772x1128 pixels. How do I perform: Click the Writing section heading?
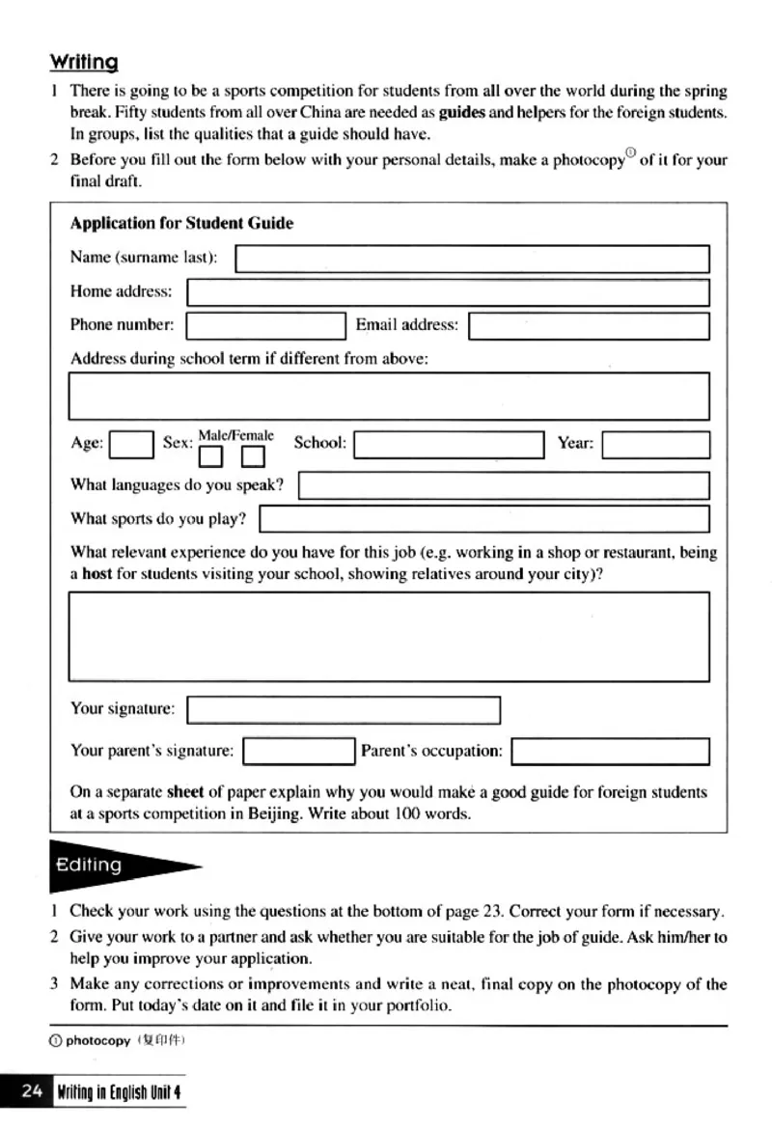tap(84, 63)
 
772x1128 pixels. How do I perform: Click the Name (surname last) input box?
tap(472, 259)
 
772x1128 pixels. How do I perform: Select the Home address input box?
tap(448, 292)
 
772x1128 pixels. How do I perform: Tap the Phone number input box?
tap(265, 326)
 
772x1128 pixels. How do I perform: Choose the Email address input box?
tap(589, 326)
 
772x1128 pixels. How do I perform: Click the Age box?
tap(131, 445)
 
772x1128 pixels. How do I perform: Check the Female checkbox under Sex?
tap(253, 455)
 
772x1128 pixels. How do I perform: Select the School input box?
tap(449, 445)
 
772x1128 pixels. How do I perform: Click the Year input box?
tap(655, 445)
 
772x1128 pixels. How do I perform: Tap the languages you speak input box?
tap(504, 485)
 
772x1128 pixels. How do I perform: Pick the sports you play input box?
tap(484, 519)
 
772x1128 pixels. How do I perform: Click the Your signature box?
tap(344, 710)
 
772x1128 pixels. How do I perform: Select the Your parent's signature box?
tap(299, 751)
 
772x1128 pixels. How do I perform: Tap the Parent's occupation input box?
tap(610, 751)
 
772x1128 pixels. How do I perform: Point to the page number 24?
tap(32, 1091)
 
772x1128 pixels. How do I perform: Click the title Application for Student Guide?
tap(181, 223)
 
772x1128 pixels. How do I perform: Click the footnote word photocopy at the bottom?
tap(97, 1040)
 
